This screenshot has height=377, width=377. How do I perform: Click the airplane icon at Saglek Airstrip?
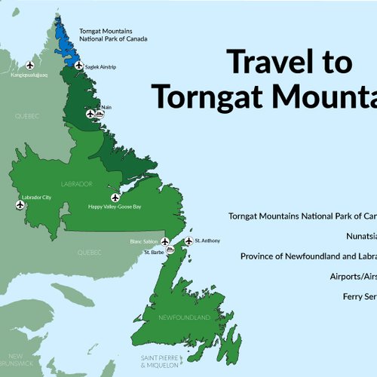click(78, 66)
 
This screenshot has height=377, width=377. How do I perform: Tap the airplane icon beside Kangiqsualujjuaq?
click(30, 65)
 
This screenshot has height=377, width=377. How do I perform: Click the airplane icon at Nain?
click(90, 114)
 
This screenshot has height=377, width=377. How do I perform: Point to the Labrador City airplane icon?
click(20, 204)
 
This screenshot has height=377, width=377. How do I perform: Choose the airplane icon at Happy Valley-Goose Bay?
click(115, 198)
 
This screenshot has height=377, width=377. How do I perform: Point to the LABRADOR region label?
click(78, 183)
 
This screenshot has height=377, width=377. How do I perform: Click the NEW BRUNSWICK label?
click(15, 358)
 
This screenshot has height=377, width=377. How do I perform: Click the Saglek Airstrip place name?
click(100, 66)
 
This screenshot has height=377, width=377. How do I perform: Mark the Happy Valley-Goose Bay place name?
click(115, 207)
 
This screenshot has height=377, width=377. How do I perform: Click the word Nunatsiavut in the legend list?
click(362, 234)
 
